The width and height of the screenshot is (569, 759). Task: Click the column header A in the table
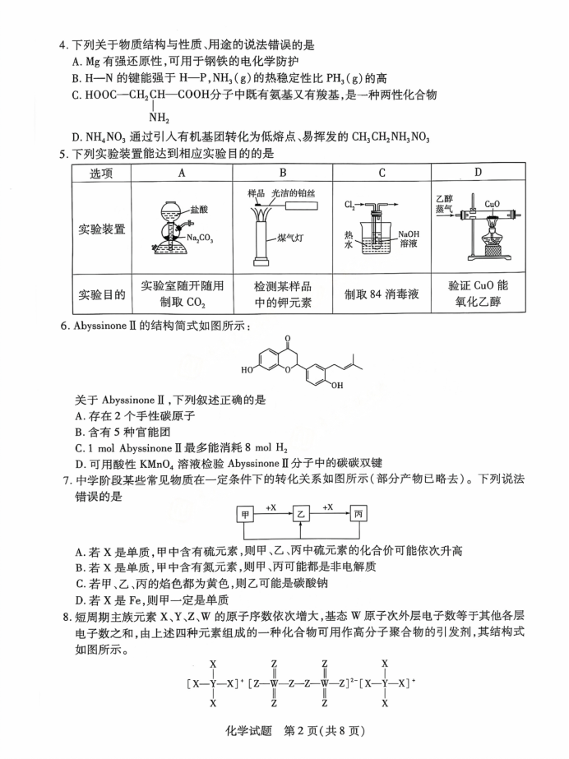click(x=182, y=173)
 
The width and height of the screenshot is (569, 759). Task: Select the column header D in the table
click(x=478, y=173)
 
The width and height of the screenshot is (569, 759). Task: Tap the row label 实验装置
click(x=103, y=229)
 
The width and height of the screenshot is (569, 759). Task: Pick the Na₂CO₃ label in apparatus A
click(x=201, y=238)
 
